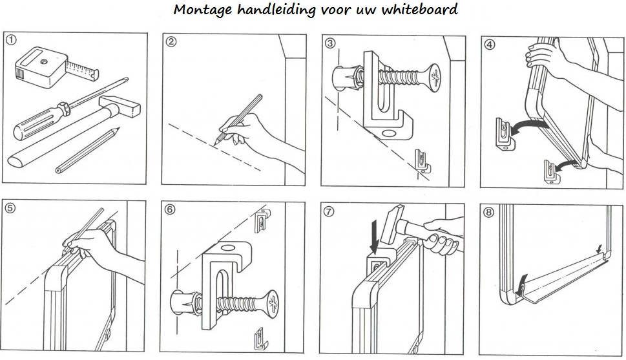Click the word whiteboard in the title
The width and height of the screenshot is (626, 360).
click(x=419, y=9)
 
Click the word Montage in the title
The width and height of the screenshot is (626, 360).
click(x=202, y=10)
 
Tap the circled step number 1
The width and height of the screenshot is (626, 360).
click(x=12, y=39)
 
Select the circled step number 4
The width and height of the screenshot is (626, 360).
click(x=490, y=44)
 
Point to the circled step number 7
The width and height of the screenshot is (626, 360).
click(x=329, y=211)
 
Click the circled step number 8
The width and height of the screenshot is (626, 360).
click(x=488, y=212)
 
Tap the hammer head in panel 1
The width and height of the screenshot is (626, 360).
click(x=120, y=106)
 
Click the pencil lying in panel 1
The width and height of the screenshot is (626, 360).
click(x=88, y=150)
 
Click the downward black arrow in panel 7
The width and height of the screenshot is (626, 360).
click(x=375, y=238)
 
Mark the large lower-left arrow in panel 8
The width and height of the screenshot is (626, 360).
click(x=521, y=284)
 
